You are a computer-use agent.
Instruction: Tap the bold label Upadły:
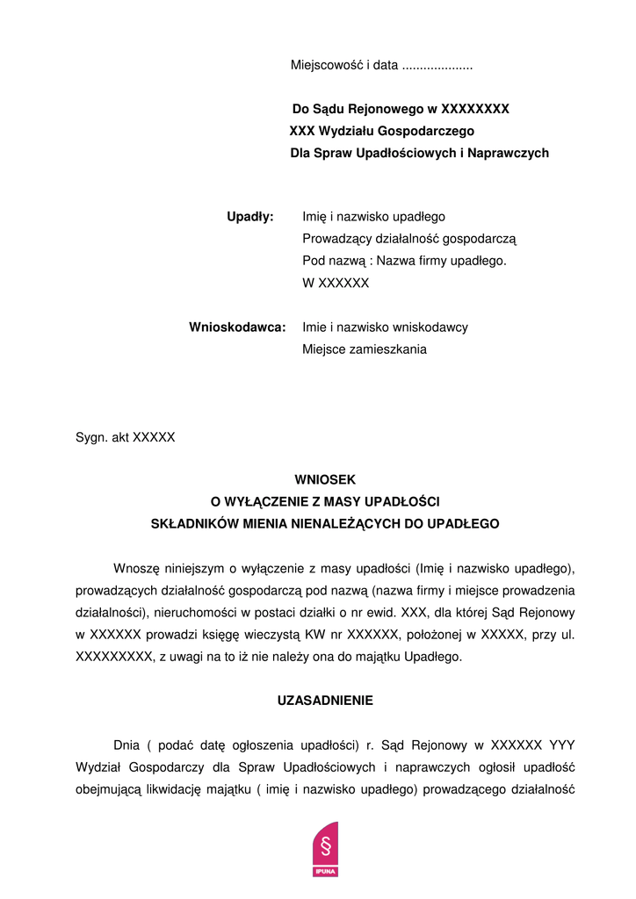[250, 216]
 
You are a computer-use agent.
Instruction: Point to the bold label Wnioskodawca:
[237, 327]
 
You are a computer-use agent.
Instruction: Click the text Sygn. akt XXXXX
[126, 436]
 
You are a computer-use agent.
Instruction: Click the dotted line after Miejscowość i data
[437, 66]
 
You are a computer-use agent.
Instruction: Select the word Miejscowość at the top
[326, 65]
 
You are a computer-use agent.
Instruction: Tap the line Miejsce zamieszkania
[365, 349]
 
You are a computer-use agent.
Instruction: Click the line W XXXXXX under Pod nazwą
[336, 283]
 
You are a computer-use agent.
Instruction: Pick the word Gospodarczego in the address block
[430, 131]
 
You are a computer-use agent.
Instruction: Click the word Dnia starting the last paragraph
[126, 744]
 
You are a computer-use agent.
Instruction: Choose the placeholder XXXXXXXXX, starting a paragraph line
[115, 656]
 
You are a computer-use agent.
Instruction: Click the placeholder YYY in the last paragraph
[563, 744]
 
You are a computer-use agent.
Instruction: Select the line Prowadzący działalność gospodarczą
[409, 238]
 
